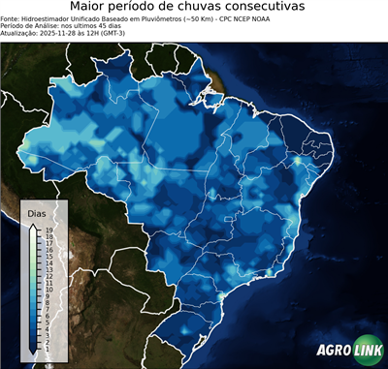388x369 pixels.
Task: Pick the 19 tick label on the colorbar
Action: click(x=48, y=230)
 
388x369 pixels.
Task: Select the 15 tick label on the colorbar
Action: click(x=48, y=255)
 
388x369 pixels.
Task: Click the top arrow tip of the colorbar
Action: click(x=34, y=224)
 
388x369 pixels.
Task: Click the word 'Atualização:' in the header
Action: click(x=20, y=33)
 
